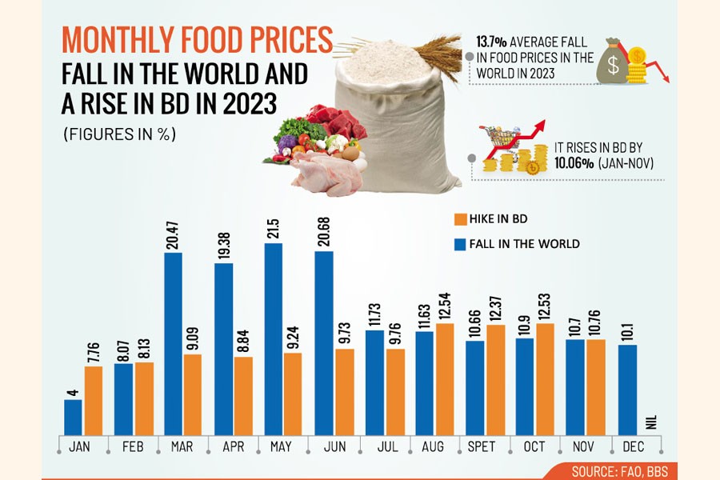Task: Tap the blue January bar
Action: pyautogui.click(x=74, y=417)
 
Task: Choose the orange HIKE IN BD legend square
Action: pyautogui.click(x=459, y=218)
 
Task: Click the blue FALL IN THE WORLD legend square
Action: pyautogui.click(x=459, y=243)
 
